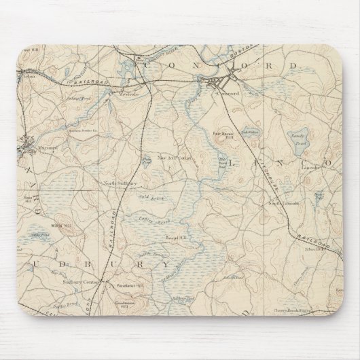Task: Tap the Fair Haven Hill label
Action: click(225, 134)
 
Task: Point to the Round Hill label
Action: click(175, 238)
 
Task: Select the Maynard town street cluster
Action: click(26, 142)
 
